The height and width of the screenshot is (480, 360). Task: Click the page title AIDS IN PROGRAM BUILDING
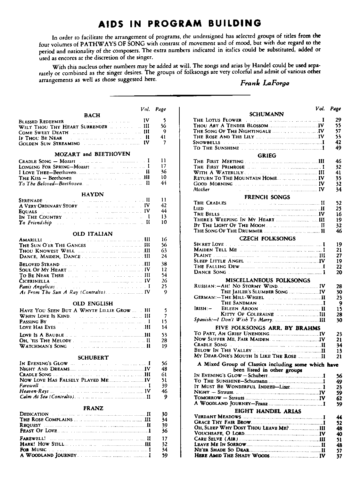pyautogui.click(x=179, y=23)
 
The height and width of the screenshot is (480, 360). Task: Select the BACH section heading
pyautogui.click(x=92, y=115)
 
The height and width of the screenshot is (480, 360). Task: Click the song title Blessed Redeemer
pyautogui.click(x=41, y=121)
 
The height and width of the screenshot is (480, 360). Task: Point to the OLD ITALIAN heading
pyautogui.click(x=93, y=234)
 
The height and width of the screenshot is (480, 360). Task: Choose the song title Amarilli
pyautogui.click(x=30, y=240)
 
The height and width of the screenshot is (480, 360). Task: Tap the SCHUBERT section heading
pyautogui.click(x=93, y=357)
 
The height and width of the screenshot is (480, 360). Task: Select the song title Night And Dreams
pyautogui.click(x=45, y=369)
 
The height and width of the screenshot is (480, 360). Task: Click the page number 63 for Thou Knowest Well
pyautogui.click(x=164, y=251)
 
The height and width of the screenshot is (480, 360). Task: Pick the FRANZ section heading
pyautogui.click(x=93, y=408)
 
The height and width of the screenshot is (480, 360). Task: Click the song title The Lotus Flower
pyautogui.click(x=217, y=120)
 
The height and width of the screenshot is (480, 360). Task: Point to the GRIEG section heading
pyautogui.click(x=267, y=156)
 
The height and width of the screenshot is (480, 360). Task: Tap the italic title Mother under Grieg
pyautogui.click(x=201, y=190)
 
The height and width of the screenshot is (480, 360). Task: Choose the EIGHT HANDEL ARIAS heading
pyautogui.click(x=268, y=411)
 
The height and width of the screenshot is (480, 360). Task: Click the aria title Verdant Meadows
pyautogui.click(x=217, y=417)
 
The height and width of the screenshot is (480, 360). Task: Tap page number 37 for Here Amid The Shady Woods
pyautogui.click(x=340, y=456)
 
